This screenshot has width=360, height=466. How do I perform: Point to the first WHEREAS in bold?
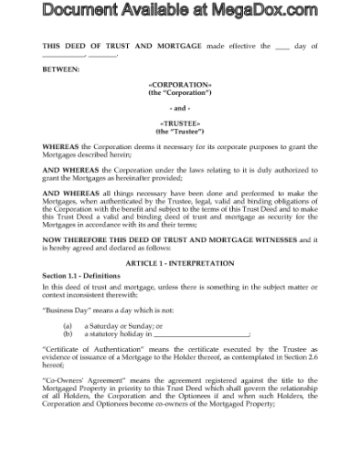pyautogui.click(x=63, y=146)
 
